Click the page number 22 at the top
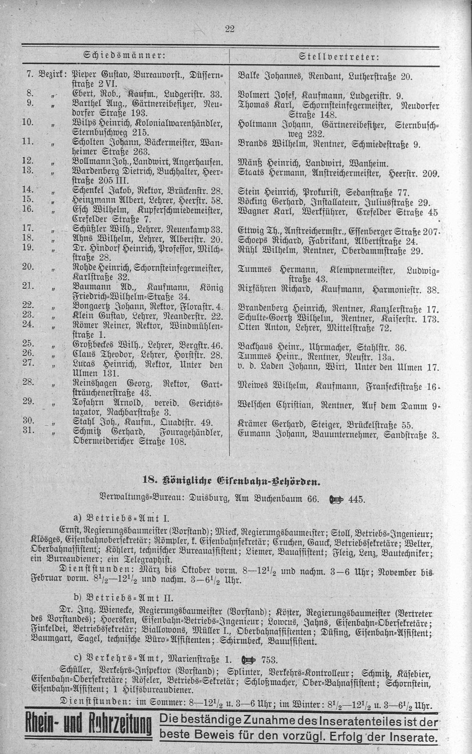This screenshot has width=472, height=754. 230,28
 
